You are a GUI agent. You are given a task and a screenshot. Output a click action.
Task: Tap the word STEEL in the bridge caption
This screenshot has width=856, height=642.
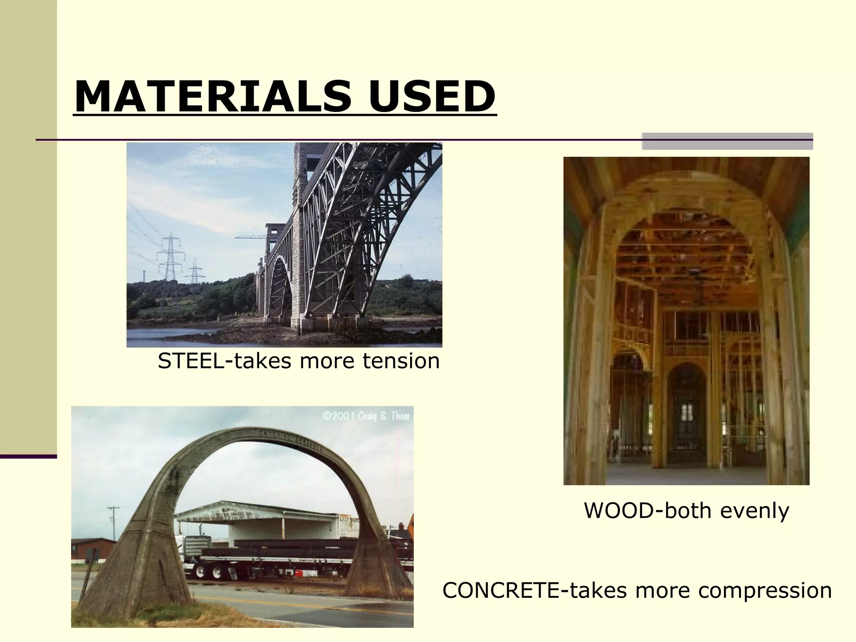(191, 361)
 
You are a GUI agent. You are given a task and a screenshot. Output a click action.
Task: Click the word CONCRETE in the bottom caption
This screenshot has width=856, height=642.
(501, 591)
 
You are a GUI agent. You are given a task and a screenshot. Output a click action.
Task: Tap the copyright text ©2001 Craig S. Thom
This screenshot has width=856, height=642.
(365, 416)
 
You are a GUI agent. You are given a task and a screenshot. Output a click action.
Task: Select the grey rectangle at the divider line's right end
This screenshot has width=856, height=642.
(727, 141)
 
